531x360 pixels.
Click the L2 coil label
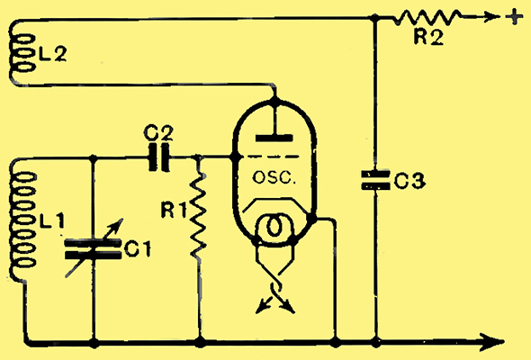(x=52, y=54)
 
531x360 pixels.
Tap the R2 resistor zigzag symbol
(x=427, y=18)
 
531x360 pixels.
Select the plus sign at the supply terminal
(x=514, y=16)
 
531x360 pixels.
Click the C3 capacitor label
(x=409, y=181)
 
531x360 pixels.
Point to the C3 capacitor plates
(x=375, y=180)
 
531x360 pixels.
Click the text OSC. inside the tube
(x=274, y=177)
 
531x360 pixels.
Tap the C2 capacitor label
(x=158, y=133)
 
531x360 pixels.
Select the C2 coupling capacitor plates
(x=159, y=157)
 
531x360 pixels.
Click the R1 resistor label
(x=174, y=211)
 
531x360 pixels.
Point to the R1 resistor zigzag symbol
(x=198, y=215)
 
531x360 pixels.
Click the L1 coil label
(x=52, y=220)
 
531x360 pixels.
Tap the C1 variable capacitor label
(x=137, y=249)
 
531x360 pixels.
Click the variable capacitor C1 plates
(x=93, y=249)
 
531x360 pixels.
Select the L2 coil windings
(x=21, y=53)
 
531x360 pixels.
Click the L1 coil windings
(x=22, y=220)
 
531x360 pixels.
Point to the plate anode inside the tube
(x=274, y=138)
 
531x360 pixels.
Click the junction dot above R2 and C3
(x=374, y=18)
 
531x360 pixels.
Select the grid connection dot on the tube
(x=233, y=157)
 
